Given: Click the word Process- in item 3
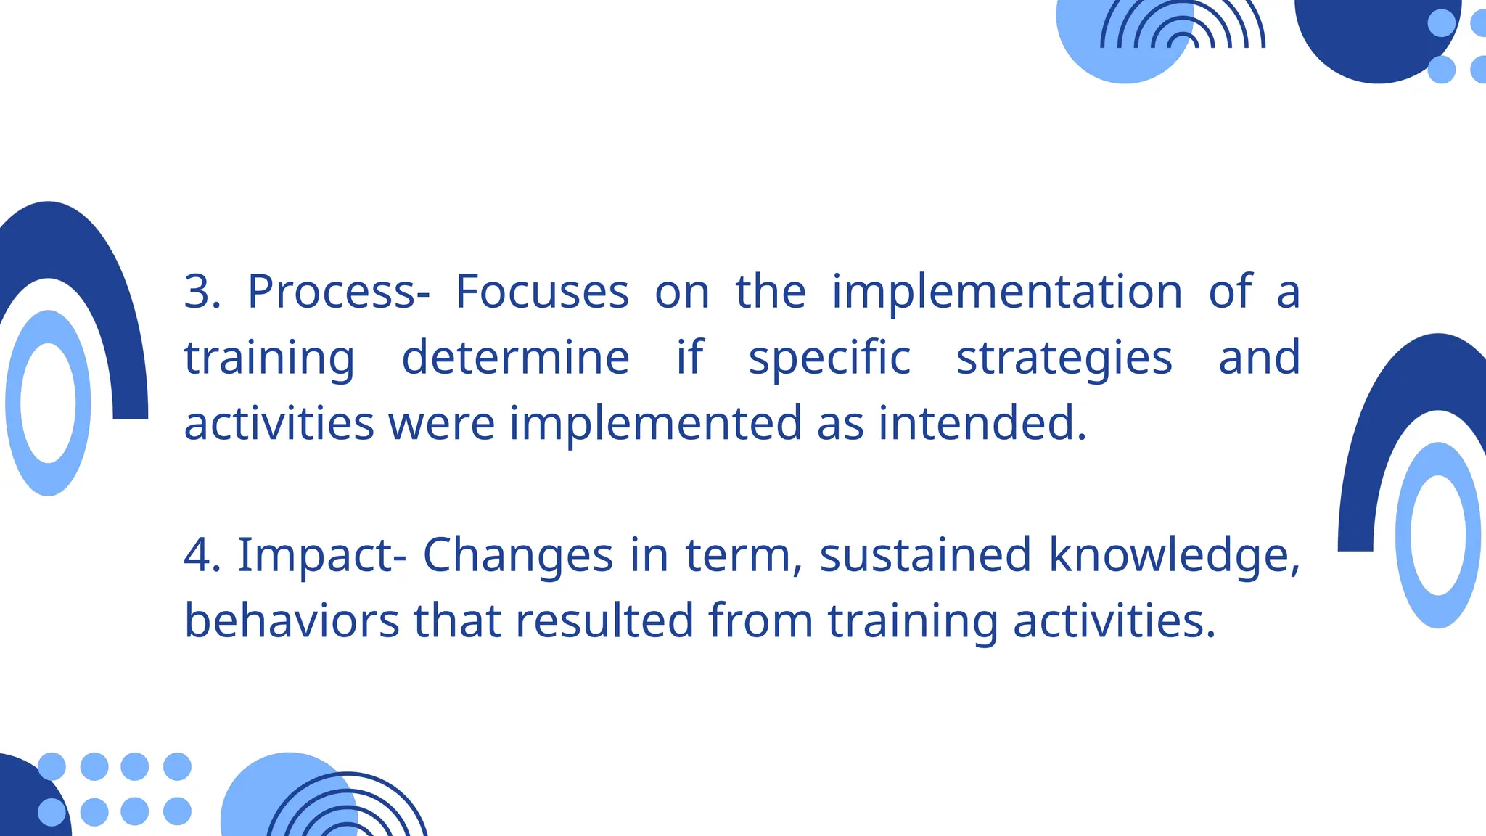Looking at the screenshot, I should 338,292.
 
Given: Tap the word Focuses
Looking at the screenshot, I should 542,292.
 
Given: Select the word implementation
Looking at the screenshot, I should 1007,292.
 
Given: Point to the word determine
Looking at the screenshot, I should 515,358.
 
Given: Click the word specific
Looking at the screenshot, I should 829,358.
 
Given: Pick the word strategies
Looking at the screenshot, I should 1064,358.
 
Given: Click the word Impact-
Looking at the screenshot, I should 321,556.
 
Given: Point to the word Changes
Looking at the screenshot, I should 518,556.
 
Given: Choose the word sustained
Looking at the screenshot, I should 925,556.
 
